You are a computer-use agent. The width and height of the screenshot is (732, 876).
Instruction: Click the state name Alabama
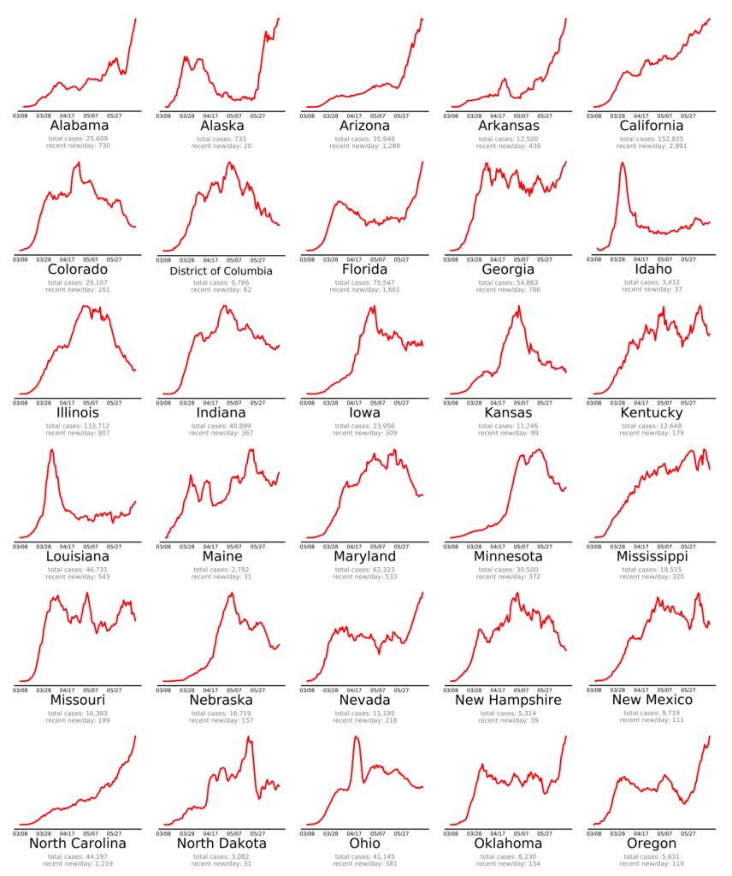click(x=80, y=126)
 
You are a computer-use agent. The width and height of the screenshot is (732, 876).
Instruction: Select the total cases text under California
click(x=652, y=139)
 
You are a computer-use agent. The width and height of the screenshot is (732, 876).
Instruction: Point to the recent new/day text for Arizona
click(x=365, y=146)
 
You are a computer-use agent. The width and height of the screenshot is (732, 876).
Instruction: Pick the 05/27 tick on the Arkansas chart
click(x=544, y=113)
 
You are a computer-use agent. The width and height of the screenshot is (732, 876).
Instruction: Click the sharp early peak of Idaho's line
click(x=623, y=163)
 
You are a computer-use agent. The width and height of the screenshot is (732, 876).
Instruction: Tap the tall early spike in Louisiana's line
click(x=52, y=451)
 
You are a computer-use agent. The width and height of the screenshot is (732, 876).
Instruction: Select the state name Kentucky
click(x=652, y=413)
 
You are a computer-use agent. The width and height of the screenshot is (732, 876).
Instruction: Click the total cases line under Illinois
click(x=80, y=426)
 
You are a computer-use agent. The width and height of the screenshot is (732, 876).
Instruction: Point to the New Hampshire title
click(x=508, y=701)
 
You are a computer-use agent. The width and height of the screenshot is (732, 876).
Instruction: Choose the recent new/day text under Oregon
click(x=652, y=864)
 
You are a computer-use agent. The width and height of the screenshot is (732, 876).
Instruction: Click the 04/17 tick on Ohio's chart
click(x=352, y=832)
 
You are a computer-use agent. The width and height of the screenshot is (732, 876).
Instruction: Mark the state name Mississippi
click(x=652, y=557)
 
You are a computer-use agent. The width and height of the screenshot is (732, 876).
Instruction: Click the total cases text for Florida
click(x=365, y=282)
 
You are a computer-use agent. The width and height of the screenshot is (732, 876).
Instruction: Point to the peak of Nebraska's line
click(x=233, y=593)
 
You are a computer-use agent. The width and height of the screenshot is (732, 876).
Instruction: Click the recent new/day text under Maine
click(x=221, y=577)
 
